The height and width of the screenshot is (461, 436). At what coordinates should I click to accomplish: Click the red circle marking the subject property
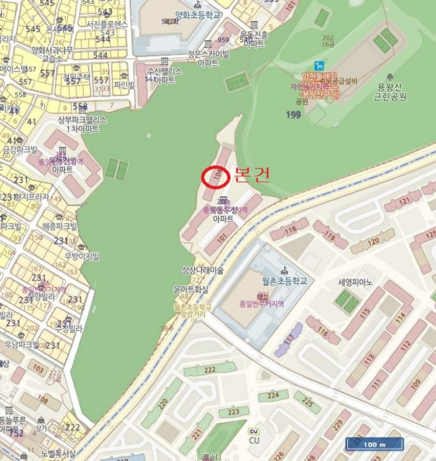click(x=214, y=176)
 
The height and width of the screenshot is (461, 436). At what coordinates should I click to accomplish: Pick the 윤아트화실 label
click(x=191, y=288)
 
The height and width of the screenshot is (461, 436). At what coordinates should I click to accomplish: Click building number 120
click(x=373, y=241)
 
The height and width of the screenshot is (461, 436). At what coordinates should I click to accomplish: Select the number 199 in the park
click(x=295, y=115)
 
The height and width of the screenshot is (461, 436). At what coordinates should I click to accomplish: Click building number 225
click(x=306, y=402)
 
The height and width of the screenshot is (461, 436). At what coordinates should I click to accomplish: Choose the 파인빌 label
click(x=124, y=84)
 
